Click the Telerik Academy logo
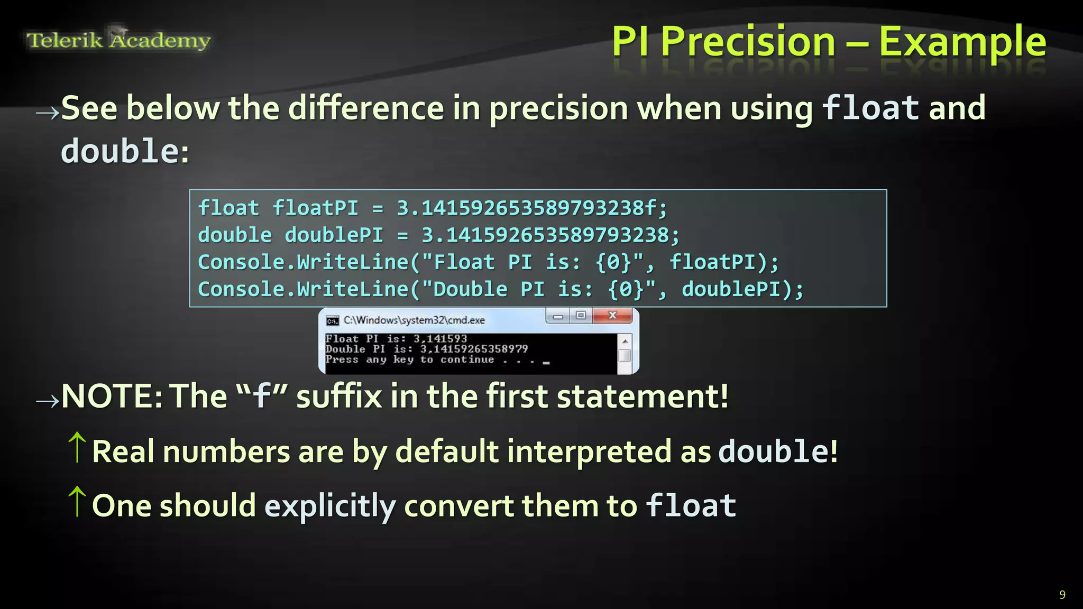[x=118, y=40]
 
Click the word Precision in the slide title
[x=748, y=42]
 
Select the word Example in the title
[x=962, y=42]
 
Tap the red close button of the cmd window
[x=612, y=316]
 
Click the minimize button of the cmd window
[x=558, y=316]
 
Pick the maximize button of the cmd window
[x=581, y=316]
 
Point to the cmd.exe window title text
[x=414, y=320]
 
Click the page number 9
[x=1062, y=595]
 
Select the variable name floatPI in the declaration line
[x=316, y=208]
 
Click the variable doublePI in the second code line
[x=334, y=235]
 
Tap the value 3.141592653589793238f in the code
[x=532, y=208]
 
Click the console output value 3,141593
[x=440, y=339]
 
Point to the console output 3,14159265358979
[x=474, y=349]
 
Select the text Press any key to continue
[x=410, y=359]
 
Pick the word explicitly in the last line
[x=330, y=506]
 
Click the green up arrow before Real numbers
[x=77, y=447]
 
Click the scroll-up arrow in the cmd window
[x=625, y=342]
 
